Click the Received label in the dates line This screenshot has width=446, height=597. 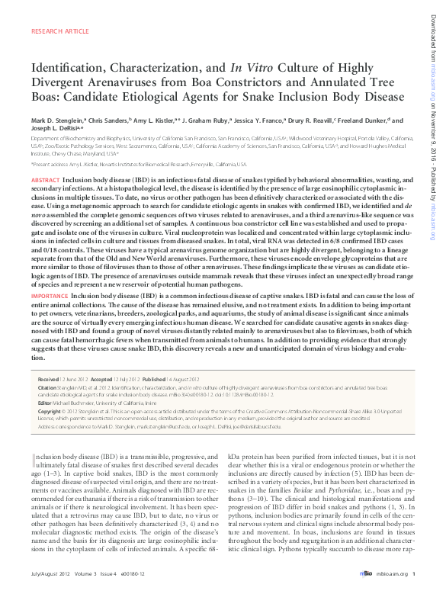50,379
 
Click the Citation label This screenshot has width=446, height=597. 48,387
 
